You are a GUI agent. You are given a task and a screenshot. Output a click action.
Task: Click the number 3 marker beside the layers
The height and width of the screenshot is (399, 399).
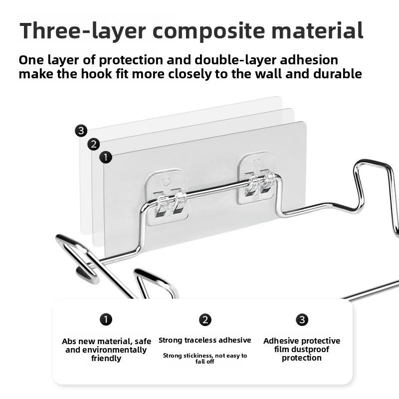(x=81, y=131)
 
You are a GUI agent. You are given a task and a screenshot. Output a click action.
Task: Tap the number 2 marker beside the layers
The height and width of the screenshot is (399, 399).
(x=93, y=145)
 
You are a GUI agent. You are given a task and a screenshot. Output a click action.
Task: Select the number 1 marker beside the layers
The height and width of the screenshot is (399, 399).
(x=105, y=158)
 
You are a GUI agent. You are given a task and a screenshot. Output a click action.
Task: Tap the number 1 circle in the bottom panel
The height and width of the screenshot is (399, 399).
(x=106, y=319)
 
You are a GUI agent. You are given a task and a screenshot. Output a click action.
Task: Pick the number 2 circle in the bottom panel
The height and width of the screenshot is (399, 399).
(x=205, y=320)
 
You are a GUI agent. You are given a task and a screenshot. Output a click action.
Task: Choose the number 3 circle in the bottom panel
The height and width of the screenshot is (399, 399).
(x=302, y=320)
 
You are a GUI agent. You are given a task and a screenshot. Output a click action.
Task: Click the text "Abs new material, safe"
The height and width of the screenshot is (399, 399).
(x=106, y=342)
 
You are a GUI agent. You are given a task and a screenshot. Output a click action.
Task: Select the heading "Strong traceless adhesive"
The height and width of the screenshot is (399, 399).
(x=205, y=340)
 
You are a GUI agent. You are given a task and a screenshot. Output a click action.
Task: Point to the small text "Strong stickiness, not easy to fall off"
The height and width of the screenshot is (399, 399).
(x=205, y=358)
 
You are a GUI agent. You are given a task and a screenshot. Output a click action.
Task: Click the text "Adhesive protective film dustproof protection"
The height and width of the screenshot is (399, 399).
(x=302, y=349)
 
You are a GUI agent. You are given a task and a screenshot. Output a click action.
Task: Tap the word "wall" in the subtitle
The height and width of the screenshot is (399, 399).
(x=273, y=74)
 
